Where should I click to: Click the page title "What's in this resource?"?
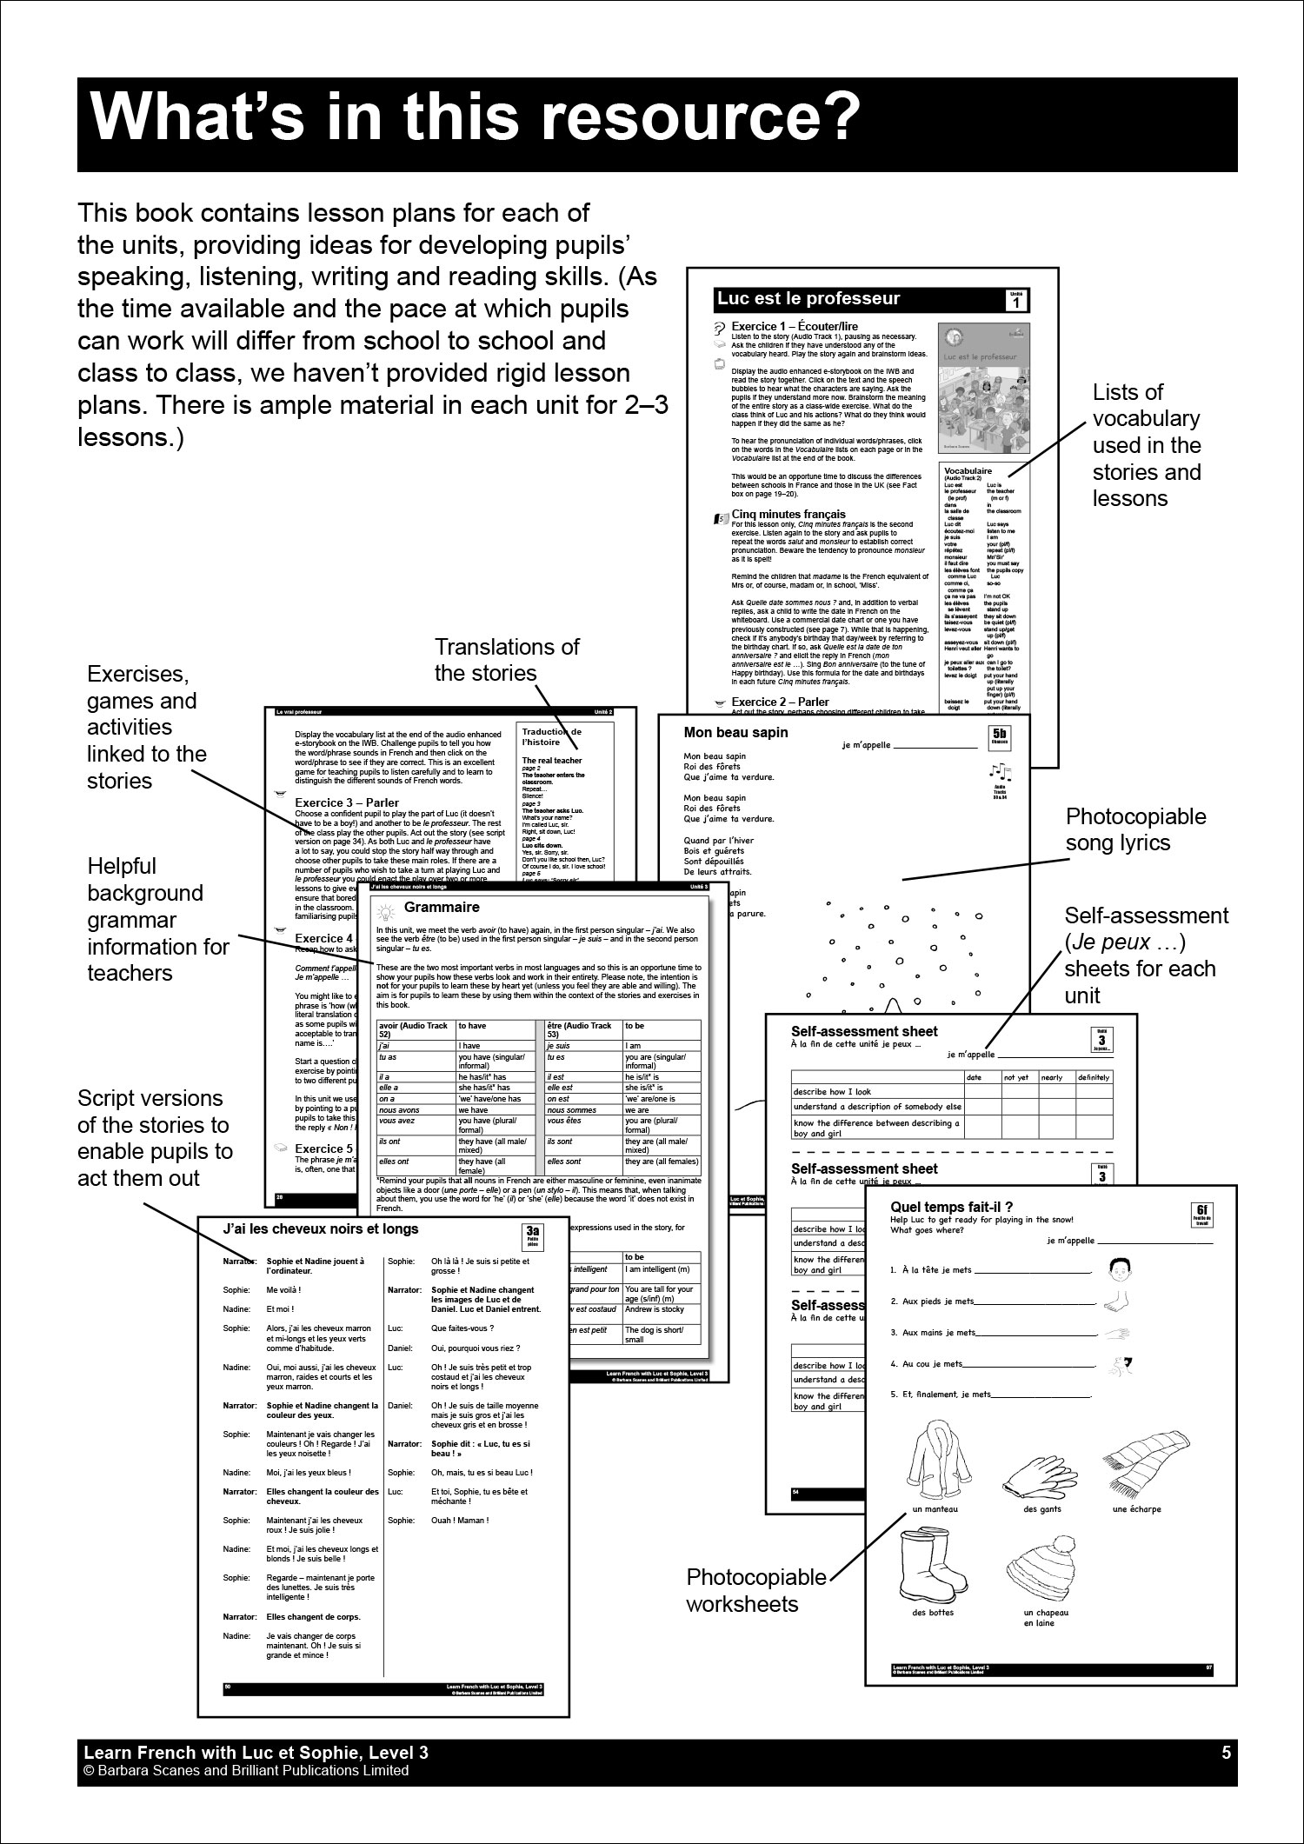(474, 114)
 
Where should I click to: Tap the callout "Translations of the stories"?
(507, 659)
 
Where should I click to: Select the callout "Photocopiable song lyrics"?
(1136, 829)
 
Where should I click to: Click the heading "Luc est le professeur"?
(808, 299)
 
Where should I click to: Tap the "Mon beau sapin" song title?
(735, 732)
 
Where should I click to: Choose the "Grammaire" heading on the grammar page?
(442, 908)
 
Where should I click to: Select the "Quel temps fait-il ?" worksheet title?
(952, 1207)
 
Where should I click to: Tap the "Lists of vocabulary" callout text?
(1146, 445)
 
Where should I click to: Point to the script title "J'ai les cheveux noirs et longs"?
(321, 1229)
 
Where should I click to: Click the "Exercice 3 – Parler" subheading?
(347, 802)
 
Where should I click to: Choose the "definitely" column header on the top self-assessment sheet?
(1093, 1077)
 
